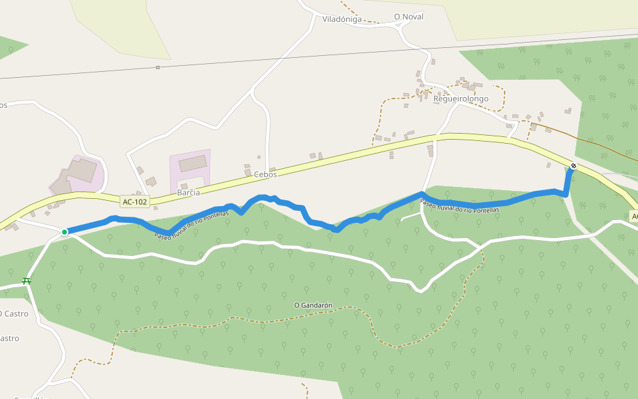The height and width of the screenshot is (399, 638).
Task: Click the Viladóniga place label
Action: [x=342, y=19]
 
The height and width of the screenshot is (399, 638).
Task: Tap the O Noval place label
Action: [x=408, y=17]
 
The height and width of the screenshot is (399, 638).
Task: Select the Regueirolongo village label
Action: [x=461, y=99]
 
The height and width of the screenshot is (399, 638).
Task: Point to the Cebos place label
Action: [x=265, y=174]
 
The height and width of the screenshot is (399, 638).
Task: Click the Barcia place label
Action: [x=188, y=193]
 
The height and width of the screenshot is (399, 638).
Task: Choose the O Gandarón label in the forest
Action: [x=313, y=305]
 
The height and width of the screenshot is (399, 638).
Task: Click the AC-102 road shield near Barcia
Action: [x=135, y=201]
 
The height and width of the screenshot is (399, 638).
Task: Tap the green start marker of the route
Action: [x=64, y=232]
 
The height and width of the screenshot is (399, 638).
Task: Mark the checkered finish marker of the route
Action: [x=574, y=166]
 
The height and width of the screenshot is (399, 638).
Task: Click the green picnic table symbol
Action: [x=27, y=281]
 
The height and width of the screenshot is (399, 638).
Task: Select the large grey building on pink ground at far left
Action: [x=78, y=173]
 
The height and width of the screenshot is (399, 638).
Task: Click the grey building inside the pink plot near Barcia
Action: [x=192, y=164]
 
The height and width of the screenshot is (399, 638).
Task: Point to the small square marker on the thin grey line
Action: [x=158, y=67]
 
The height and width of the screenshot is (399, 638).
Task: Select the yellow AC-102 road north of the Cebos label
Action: [x=279, y=164]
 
